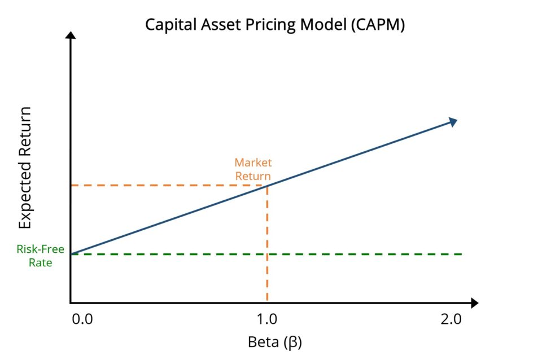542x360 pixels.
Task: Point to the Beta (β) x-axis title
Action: click(x=271, y=342)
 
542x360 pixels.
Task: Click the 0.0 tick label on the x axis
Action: click(x=82, y=320)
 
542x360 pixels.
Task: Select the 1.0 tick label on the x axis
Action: click(x=266, y=320)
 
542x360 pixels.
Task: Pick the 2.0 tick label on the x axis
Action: click(x=451, y=320)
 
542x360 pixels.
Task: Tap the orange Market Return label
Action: click(x=253, y=169)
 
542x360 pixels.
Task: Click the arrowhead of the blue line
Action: click(x=452, y=121)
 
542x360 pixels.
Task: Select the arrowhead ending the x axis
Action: click(x=474, y=303)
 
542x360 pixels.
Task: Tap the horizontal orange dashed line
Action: click(x=169, y=185)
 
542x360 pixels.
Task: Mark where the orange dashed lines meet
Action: click(x=266, y=185)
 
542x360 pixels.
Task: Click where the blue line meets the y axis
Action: click(x=71, y=254)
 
